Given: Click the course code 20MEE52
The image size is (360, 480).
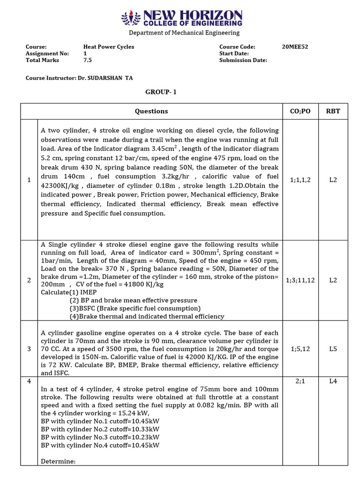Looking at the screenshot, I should (x=295, y=47).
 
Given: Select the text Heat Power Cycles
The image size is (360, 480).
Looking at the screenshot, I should (x=108, y=47).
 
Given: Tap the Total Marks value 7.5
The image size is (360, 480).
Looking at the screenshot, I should (x=88, y=60).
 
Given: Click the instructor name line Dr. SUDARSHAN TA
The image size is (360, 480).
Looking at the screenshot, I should (x=82, y=78).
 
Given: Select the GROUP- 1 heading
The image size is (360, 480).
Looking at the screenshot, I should (x=161, y=92).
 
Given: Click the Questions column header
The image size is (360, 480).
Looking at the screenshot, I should (x=151, y=111).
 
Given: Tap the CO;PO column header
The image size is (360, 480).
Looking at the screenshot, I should (x=300, y=111).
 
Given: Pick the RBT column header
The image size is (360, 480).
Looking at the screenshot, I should (x=333, y=111).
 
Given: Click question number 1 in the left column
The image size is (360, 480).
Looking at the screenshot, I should (x=29, y=180).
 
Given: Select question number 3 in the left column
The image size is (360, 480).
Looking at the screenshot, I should (x=29, y=349).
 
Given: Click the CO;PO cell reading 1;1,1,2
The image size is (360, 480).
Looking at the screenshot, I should (x=300, y=180).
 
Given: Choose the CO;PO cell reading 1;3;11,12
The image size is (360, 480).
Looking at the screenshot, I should (x=300, y=280).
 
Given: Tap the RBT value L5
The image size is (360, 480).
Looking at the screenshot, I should (x=333, y=349).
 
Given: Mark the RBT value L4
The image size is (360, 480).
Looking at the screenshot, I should (x=333, y=381).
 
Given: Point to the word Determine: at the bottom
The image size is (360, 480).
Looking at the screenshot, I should (x=58, y=461).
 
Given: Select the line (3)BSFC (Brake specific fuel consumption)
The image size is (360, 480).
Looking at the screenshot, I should (x=135, y=308).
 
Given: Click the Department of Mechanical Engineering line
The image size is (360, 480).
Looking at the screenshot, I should (x=184, y=33).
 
